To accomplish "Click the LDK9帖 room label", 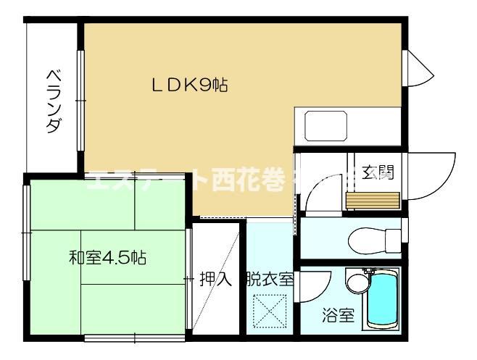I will click(189, 85).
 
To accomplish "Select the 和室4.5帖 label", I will click(107, 257).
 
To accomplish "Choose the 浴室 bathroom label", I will click(339, 316).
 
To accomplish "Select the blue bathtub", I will click(381, 299).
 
